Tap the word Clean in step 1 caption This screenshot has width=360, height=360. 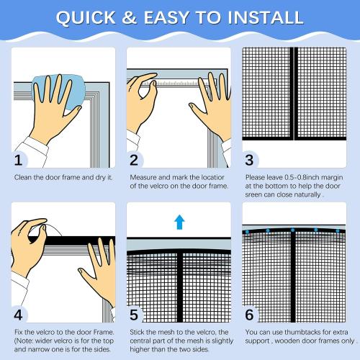point(22,176)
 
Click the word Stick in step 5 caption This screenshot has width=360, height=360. point(138,332)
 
